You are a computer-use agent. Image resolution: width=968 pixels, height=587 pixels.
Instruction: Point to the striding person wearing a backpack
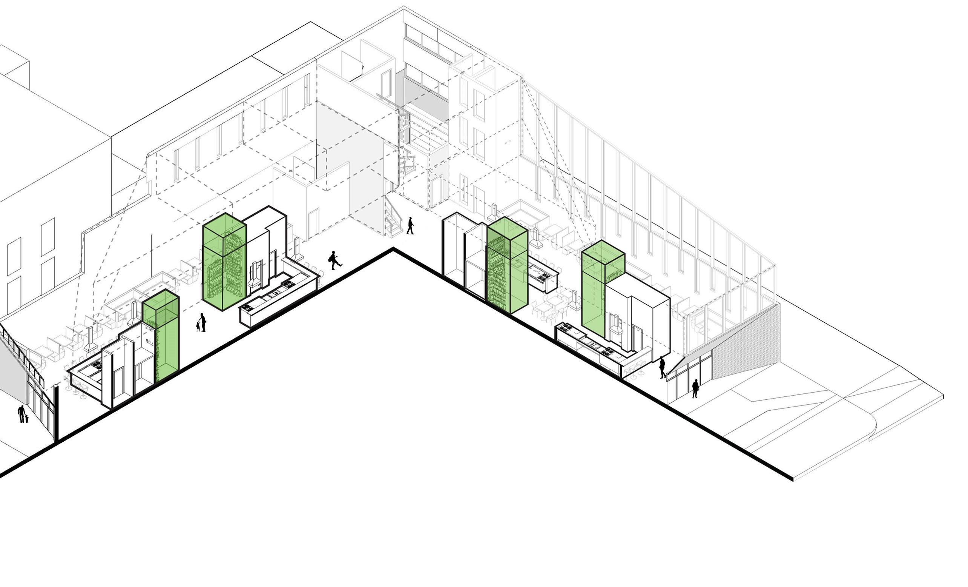point(334,260)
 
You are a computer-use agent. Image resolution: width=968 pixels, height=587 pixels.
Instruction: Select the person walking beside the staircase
point(410,226)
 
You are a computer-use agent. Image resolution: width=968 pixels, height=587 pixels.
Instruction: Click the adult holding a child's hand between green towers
point(203,322)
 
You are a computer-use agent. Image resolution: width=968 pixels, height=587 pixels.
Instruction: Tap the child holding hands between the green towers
point(198,326)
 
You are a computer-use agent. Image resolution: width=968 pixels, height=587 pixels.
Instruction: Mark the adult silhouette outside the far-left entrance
point(21,414)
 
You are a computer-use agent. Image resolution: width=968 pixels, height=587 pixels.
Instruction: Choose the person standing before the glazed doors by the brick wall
point(695,388)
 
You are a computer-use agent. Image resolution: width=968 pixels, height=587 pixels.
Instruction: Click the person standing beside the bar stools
point(662,367)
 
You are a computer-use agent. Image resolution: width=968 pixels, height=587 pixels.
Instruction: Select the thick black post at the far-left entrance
point(56,413)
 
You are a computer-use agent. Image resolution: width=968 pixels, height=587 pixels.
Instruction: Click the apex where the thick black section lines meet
point(393,250)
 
